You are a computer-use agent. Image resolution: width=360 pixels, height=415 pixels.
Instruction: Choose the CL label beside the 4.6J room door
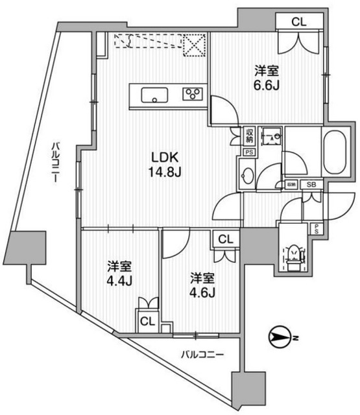226,239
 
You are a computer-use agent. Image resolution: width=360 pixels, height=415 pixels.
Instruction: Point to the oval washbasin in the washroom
248,176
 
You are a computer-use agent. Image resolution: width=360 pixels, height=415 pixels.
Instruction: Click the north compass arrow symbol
282,337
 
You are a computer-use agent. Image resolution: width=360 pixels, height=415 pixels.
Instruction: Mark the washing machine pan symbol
270,137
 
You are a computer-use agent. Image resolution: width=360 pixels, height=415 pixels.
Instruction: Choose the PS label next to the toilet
316,228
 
